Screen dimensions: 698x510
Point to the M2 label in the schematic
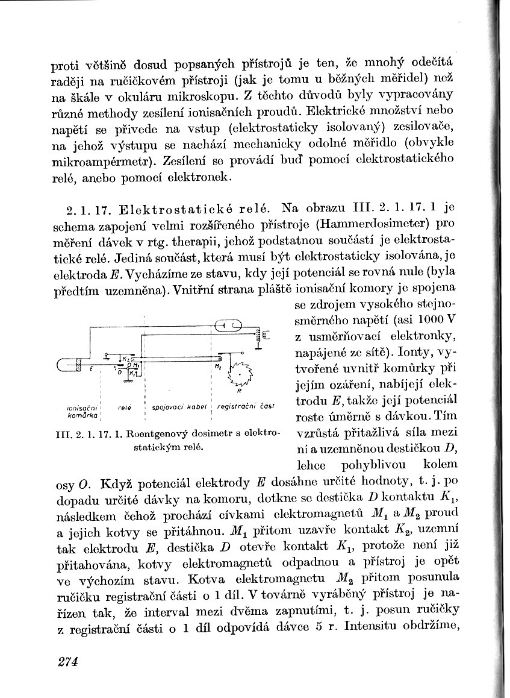(217, 366)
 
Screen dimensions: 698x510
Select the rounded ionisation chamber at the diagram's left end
(67, 364)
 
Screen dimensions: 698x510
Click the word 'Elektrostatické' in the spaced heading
(171, 210)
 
